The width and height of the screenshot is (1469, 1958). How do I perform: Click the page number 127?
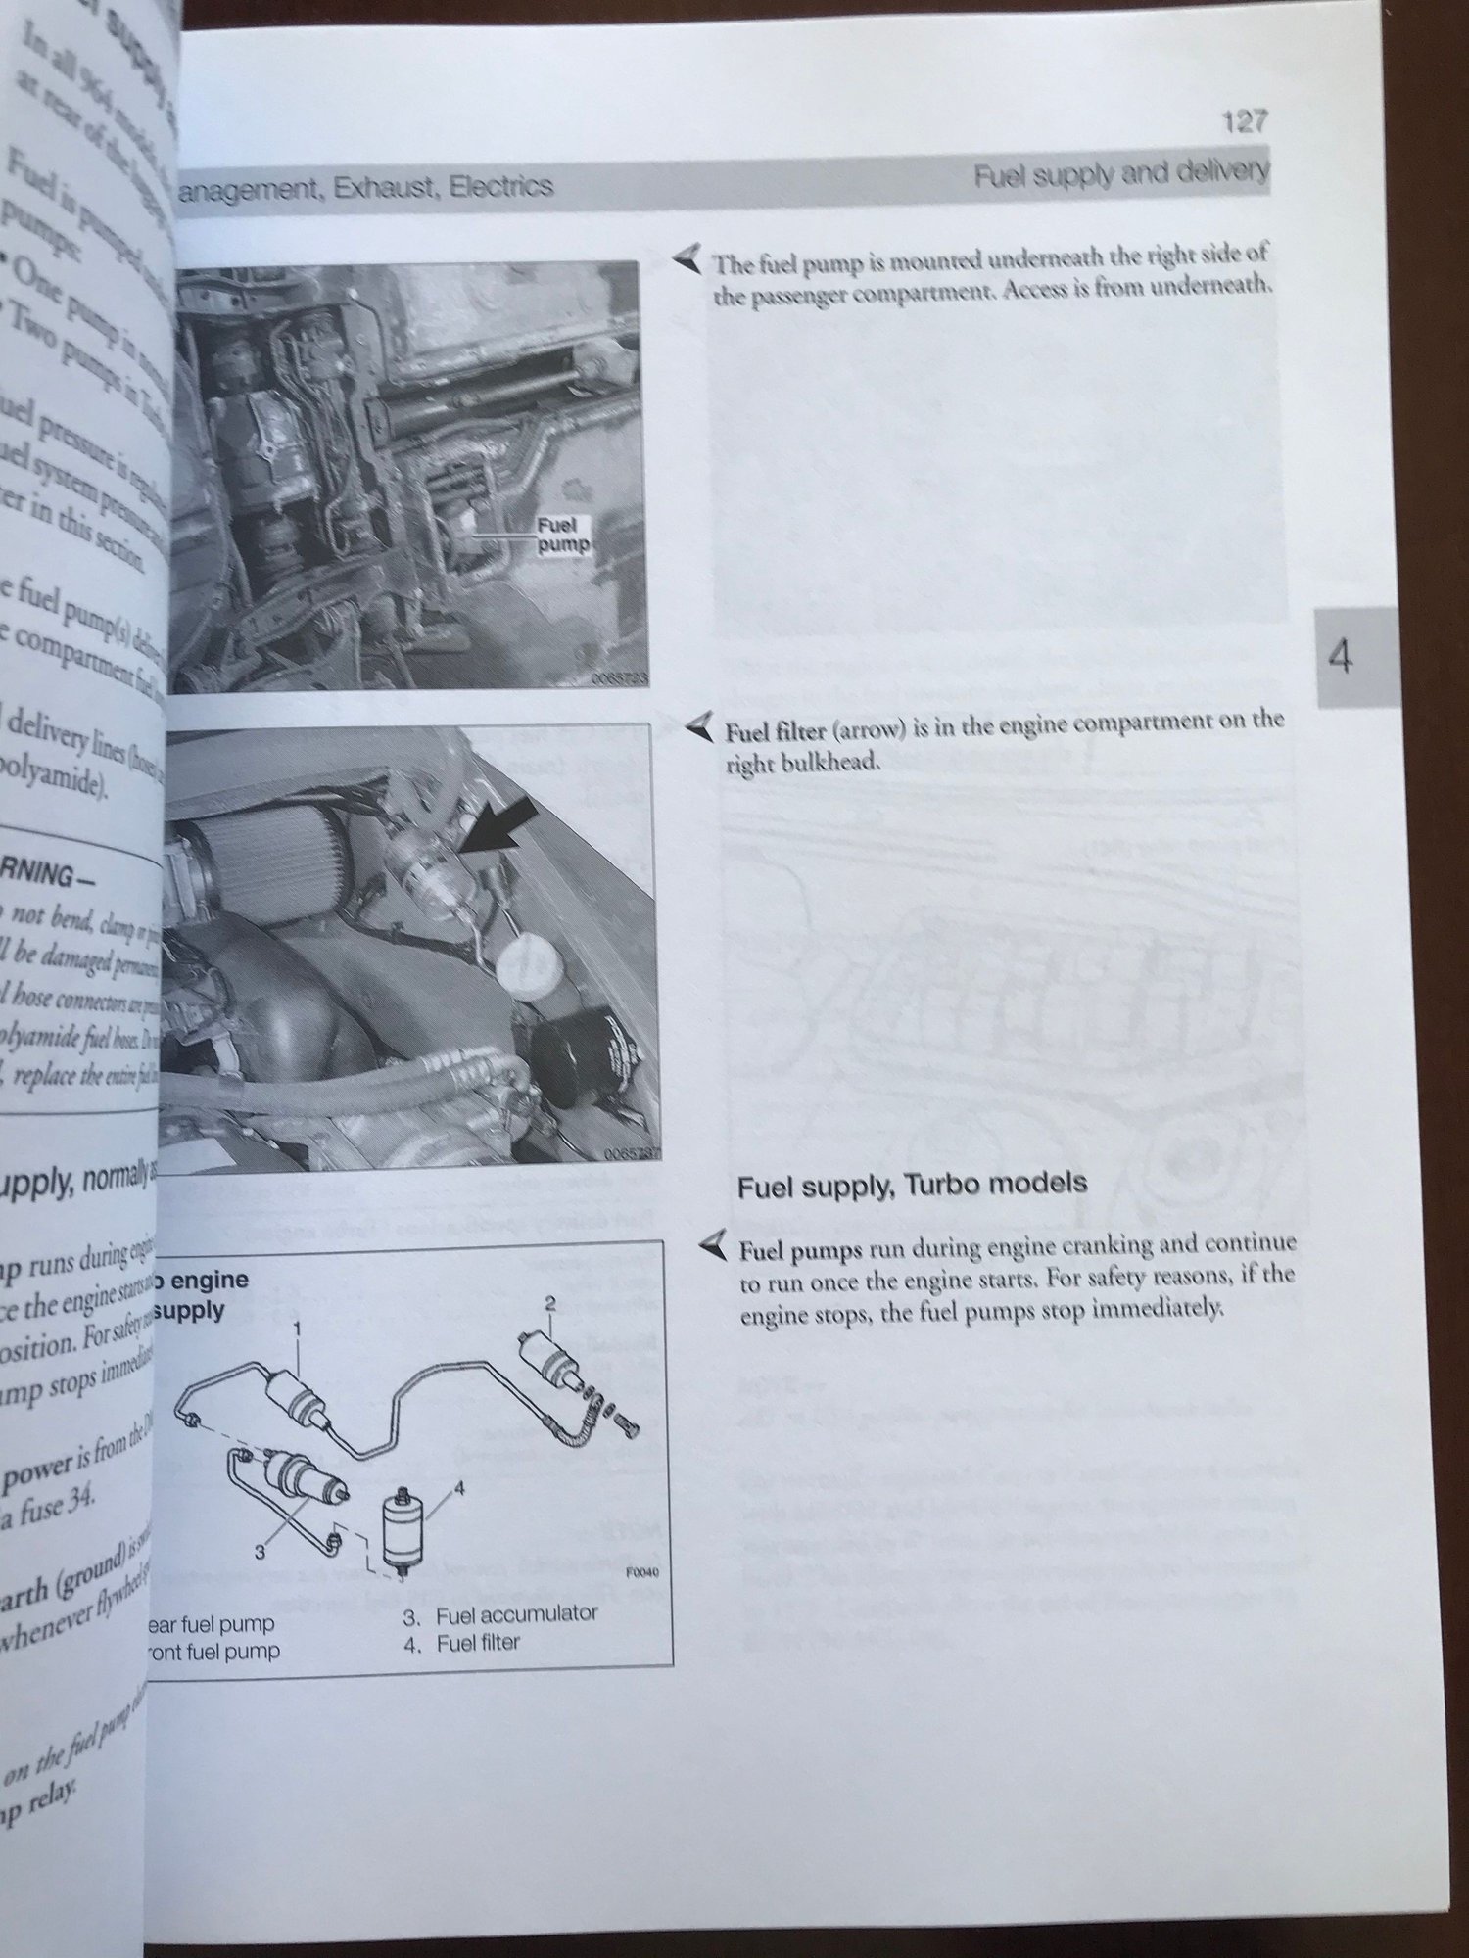1245,121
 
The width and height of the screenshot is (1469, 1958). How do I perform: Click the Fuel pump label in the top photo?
561,535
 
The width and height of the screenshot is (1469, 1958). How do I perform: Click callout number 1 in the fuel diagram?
297,1329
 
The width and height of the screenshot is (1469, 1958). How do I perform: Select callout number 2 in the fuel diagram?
550,1302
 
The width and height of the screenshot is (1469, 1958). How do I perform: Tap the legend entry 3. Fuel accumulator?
499,1614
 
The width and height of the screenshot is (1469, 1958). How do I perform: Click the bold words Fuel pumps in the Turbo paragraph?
793,1250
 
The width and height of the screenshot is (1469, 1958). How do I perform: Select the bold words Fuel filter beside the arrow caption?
775,730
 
